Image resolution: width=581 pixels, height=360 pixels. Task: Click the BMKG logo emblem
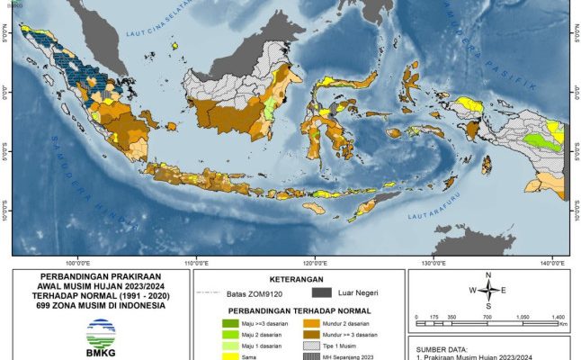[100, 336]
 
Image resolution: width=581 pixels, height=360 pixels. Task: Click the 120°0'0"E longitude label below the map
[314, 262]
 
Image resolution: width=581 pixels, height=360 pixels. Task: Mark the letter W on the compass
[470, 290]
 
